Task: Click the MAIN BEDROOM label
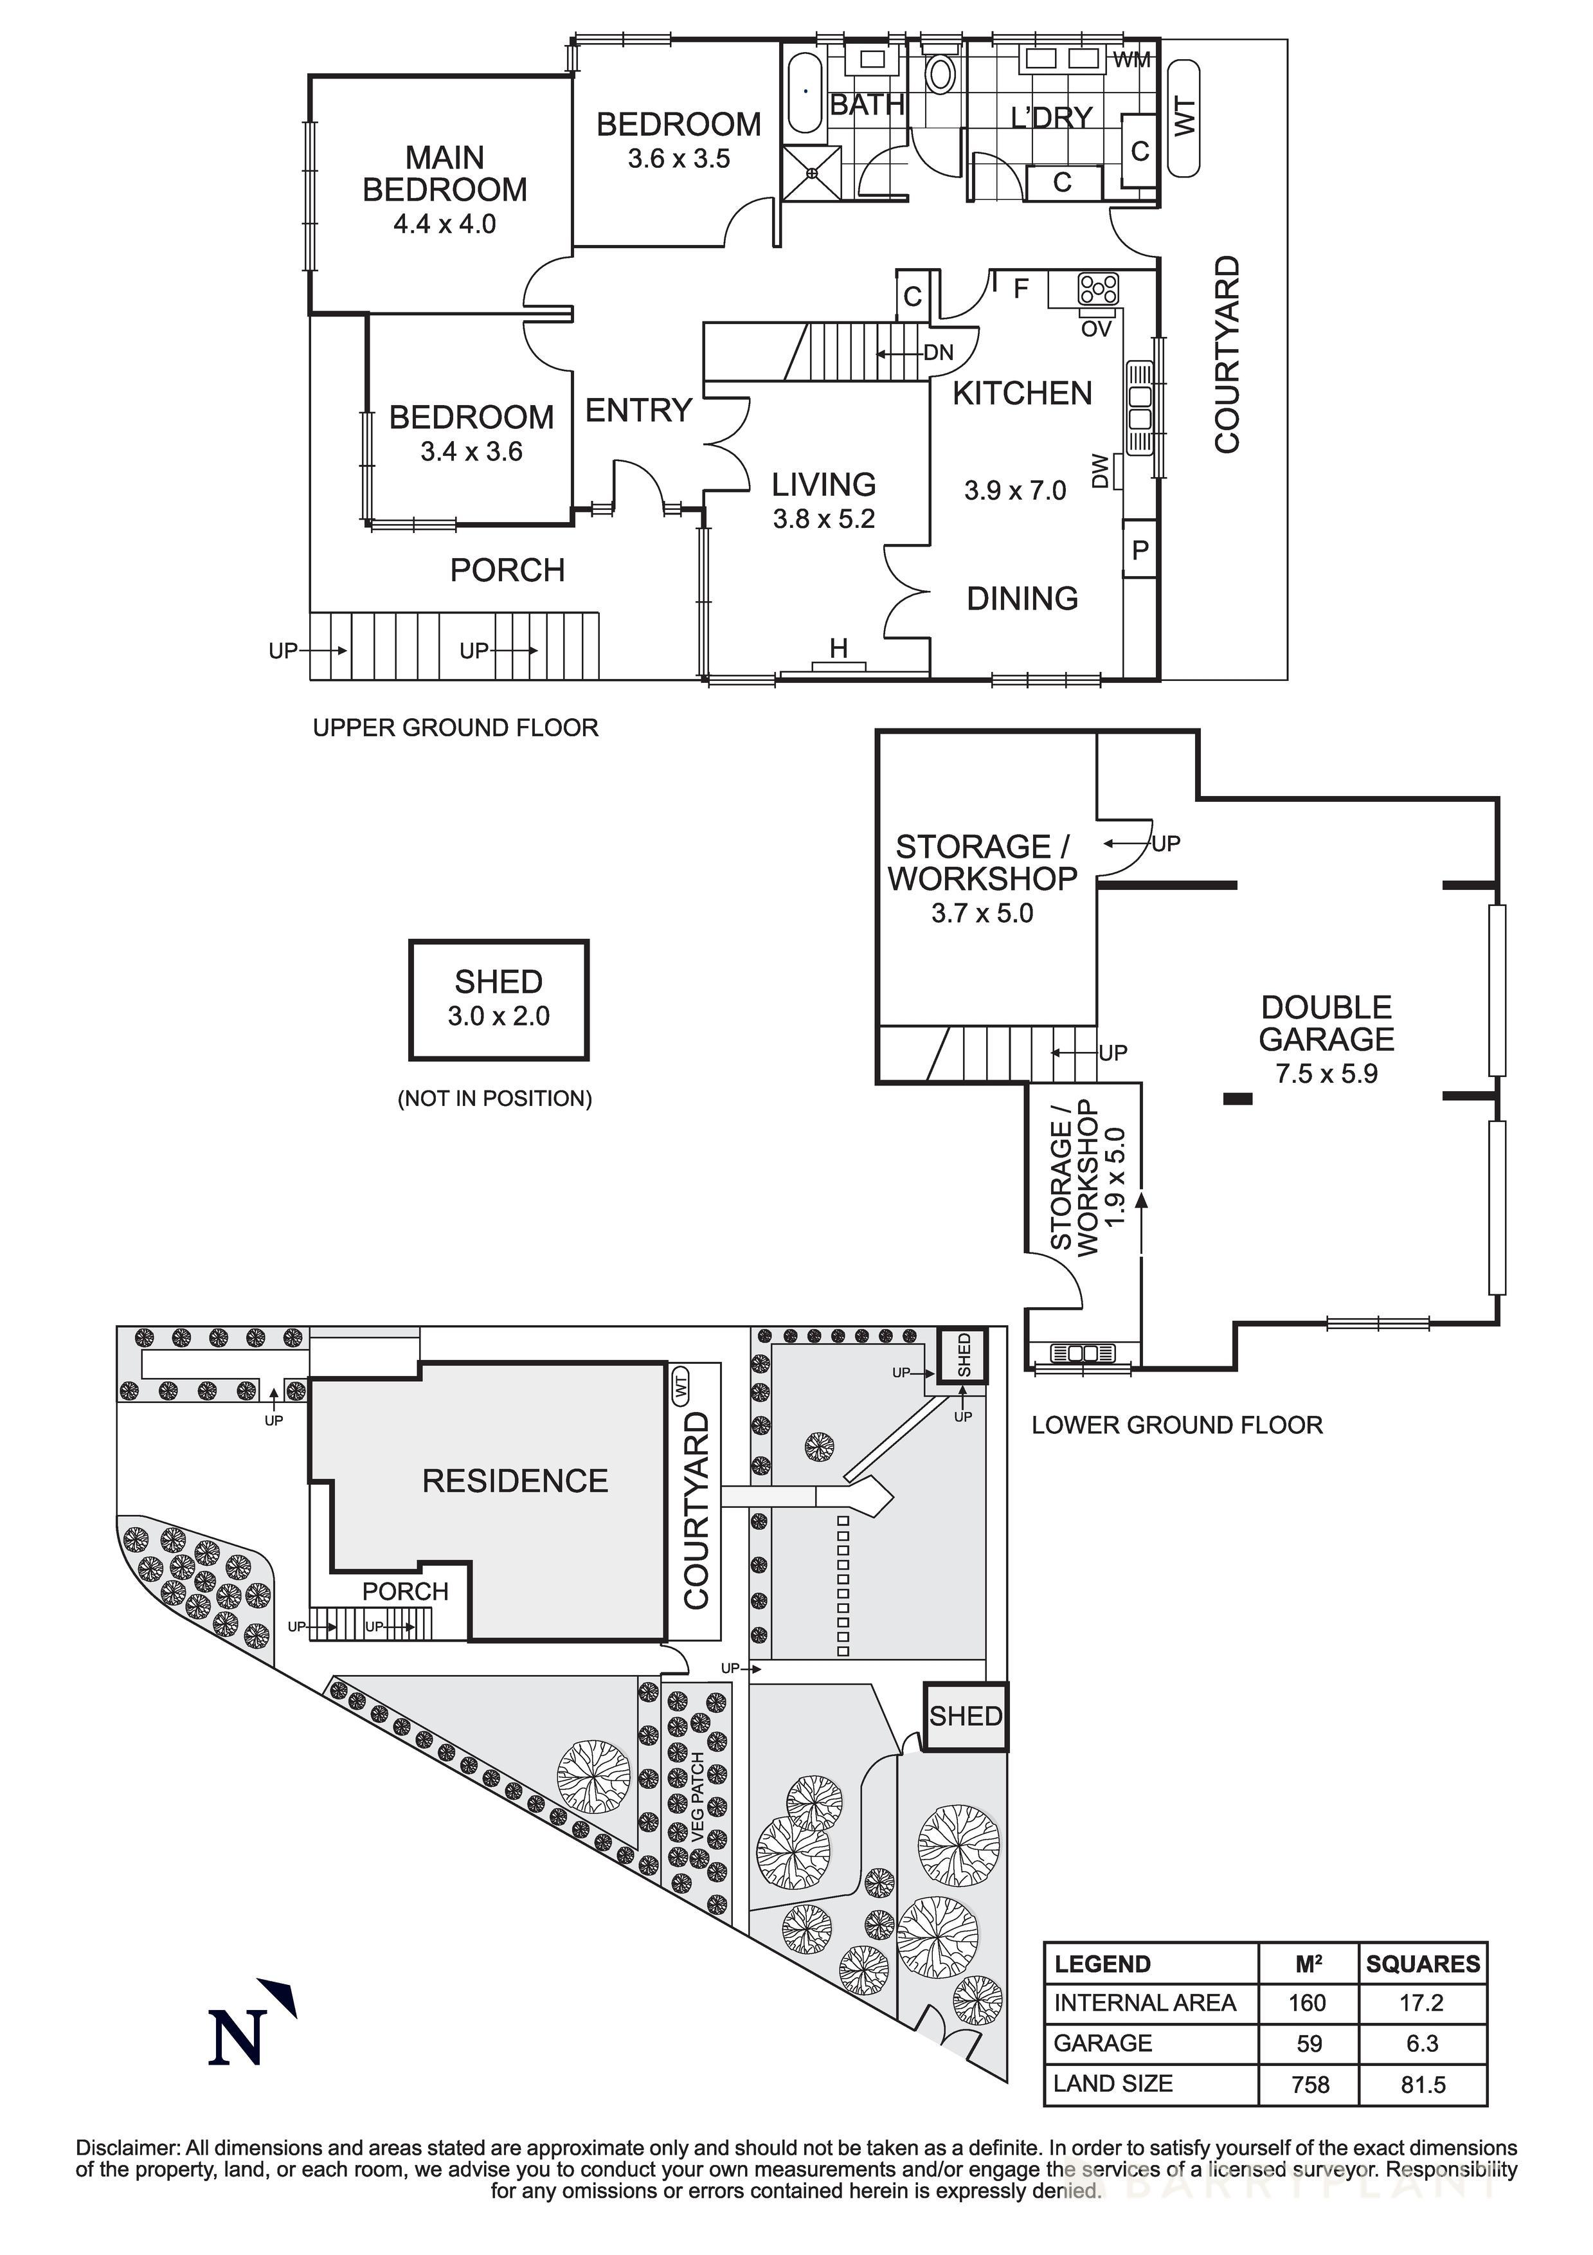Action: tap(444, 174)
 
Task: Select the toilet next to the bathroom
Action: tap(941, 75)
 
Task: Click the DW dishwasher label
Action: tap(1100, 471)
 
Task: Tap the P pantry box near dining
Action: tap(1139, 550)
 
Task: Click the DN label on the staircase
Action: tap(938, 352)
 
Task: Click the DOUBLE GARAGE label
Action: tap(1326, 1024)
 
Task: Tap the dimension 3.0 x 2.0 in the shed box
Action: tap(498, 1017)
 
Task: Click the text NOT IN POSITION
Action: tap(494, 1099)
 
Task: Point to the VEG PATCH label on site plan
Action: tap(697, 1797)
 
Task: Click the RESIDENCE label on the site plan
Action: tap(515, 1481)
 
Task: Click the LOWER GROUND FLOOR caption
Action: tap(1176, 1425)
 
